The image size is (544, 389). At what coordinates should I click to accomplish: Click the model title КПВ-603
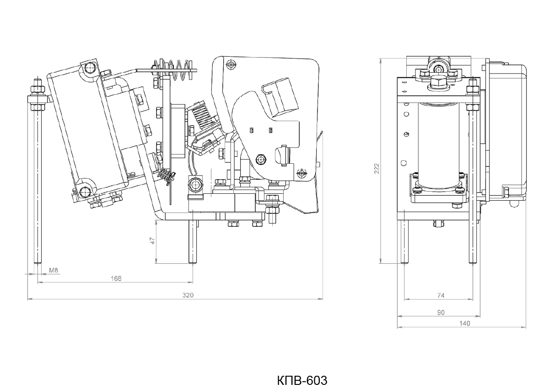click(302, 380)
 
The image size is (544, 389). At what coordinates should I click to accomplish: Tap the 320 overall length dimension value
click(188, 295)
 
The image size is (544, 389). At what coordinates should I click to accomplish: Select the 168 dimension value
click(116, 278)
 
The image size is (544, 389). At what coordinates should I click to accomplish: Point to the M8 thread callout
click(54, 270)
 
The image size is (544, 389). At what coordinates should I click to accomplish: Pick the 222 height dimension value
click(377, 169)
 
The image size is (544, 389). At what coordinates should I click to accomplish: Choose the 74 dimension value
click(441, 295)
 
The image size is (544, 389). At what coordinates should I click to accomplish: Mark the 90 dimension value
click(441, 313)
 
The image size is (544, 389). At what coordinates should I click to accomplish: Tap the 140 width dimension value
click(464, 324)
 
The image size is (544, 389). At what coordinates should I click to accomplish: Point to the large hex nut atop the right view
click(439, 82)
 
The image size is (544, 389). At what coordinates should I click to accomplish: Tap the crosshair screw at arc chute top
click(230, 64)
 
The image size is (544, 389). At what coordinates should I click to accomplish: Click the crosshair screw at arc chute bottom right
click(302, 172)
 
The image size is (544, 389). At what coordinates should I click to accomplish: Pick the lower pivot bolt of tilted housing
click(85, 192)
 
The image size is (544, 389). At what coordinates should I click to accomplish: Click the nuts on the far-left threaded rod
click(37, 96)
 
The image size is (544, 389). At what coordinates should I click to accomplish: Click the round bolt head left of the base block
click(195, 184)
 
